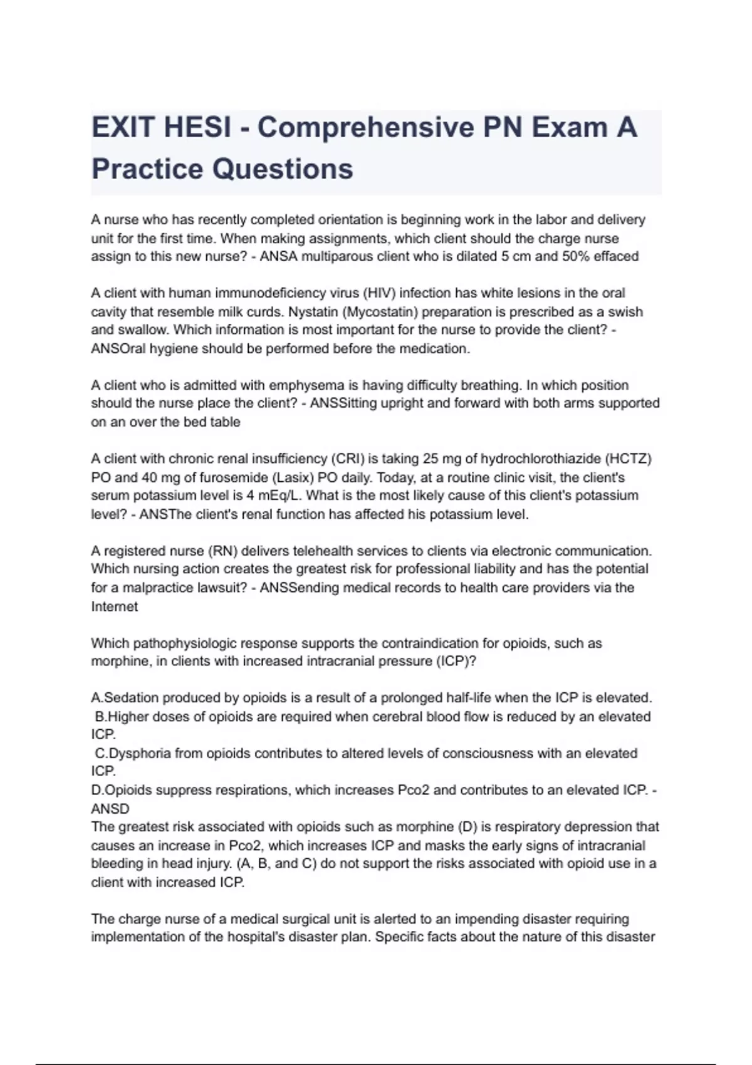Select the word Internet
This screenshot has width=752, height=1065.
coord(114,606)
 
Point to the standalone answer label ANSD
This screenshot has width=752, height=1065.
coord(110,809)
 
